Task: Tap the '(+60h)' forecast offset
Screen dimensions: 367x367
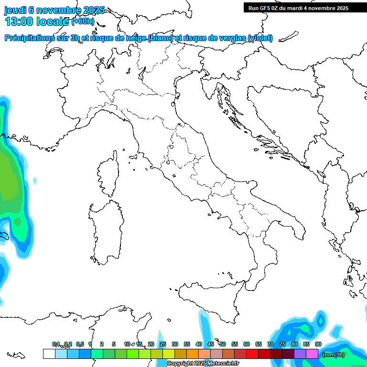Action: (x=83, y=22)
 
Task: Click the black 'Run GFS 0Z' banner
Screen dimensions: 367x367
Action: (x=298, y=8)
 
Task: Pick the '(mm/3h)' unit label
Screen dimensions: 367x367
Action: (x=333, y=354)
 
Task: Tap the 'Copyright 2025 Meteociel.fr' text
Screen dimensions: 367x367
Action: (x=203, y=364)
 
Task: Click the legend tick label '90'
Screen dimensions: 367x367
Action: (x=318, y=344)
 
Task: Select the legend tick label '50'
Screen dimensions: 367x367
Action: (x=223, y=344)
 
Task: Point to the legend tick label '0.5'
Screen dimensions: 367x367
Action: (x=80, y=344)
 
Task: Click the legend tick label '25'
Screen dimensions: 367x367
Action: (x=163, y=344)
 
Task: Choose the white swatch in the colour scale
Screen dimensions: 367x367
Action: (x=49, y=354)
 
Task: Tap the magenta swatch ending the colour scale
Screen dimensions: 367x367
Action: (x=312, y=354)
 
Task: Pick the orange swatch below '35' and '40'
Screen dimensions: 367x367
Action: (x=193, y=354)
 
